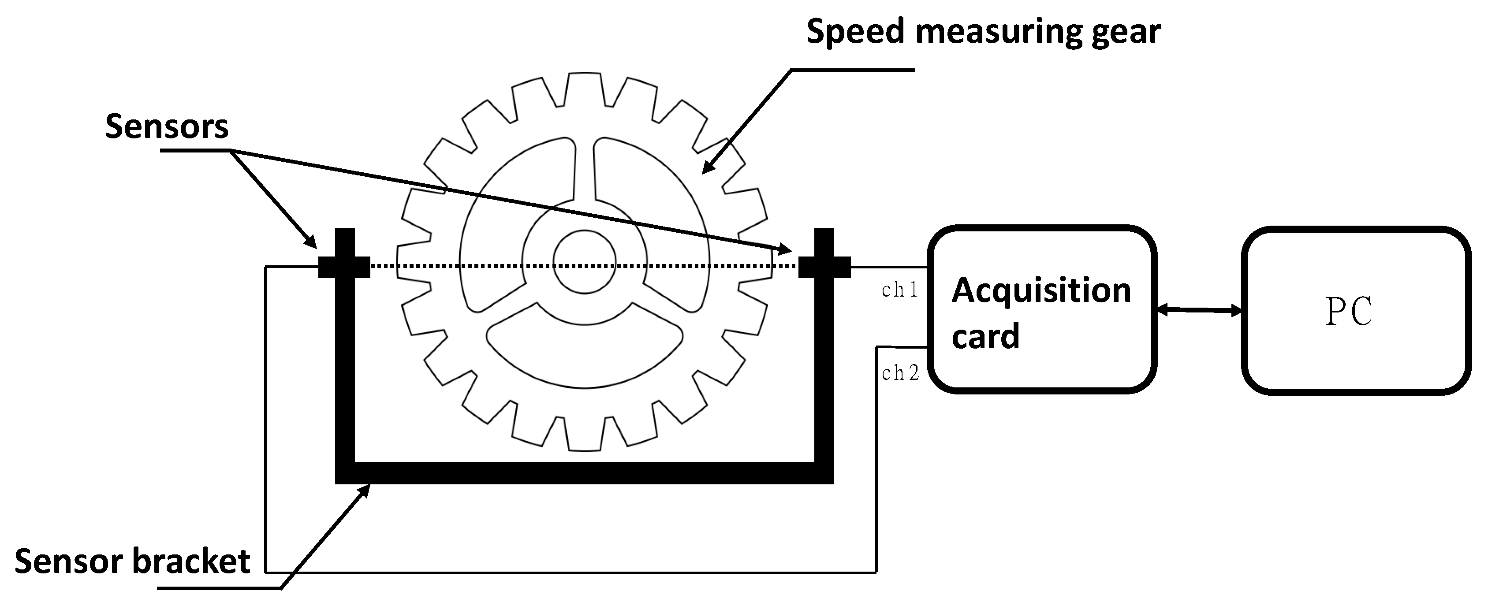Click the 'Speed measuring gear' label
(983, 31)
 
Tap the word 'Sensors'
(166, 126)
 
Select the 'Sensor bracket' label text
(132, 561)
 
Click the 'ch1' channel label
(899, 290)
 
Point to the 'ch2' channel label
(900, 374)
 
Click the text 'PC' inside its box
(1348, 312)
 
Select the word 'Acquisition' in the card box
(1041, 290)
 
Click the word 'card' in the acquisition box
(985, 336)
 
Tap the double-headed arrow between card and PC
(1199, 310)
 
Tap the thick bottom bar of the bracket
(584, 472)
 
